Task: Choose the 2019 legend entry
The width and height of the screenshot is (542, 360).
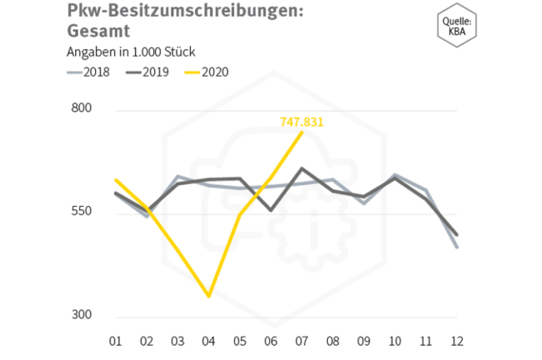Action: coord(147,72)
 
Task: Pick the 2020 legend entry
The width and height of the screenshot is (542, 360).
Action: coord(205,72)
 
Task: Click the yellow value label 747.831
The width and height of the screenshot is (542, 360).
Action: coord(301,122)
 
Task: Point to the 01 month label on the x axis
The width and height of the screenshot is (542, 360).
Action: coord(115,340)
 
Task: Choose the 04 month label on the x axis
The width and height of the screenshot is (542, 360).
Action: coord(208,340)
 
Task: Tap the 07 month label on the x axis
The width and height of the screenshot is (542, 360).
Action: coord(301,340)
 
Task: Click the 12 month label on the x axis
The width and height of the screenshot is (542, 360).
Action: coord(457,340)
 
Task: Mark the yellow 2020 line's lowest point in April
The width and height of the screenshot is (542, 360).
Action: coord(208,296)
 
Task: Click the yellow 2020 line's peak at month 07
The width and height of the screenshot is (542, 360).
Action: coord(302,132)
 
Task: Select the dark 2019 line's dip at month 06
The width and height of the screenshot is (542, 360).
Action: coord(270,210)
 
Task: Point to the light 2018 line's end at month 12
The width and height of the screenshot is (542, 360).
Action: coord(457,247)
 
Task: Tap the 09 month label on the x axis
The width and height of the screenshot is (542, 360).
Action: coord(364,340)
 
